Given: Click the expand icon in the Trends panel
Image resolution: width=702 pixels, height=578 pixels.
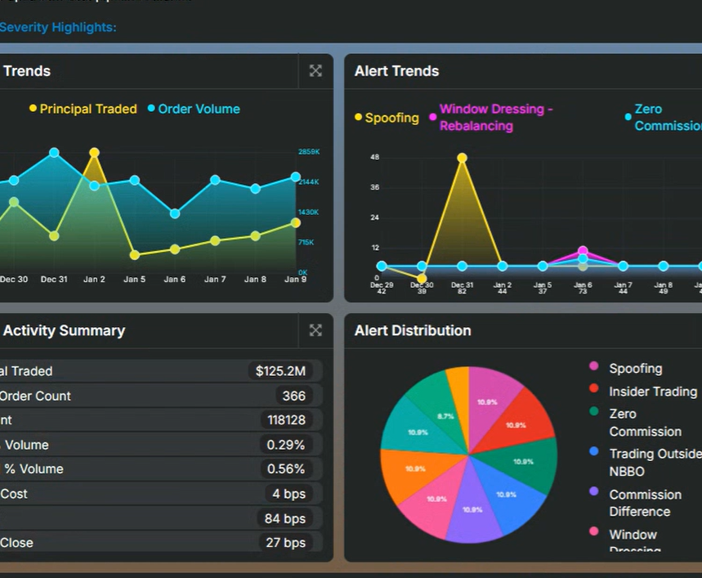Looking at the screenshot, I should (x=315, y=71).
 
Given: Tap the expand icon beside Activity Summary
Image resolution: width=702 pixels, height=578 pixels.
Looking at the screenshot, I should (x=315, y=330).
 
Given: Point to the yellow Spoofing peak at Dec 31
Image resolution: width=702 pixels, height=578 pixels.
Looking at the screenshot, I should (x=462, y=158).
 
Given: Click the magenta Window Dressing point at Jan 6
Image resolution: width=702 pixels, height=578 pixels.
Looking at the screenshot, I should (x=583, y=252).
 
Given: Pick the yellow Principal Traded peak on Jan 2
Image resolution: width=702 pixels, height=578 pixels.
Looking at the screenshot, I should (x=94, y=153).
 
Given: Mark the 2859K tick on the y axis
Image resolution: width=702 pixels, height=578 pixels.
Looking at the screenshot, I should (x=309, y=152).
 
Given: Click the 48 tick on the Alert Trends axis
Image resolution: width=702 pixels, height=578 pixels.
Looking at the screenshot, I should (x=374, y=157).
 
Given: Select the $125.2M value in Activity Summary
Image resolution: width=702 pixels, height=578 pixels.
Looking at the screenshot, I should (x=280, y=371).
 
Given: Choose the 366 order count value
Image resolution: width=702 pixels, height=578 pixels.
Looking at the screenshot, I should (x=293, y=396).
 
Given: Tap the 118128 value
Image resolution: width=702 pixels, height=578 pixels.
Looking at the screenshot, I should (x=286, y=420).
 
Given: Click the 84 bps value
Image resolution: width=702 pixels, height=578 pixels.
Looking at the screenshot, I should (x=284, y=518).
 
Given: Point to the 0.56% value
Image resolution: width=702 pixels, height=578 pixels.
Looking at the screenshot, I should (x=286, y=469).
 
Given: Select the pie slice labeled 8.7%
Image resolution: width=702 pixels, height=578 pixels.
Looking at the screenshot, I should (x=446, y=415).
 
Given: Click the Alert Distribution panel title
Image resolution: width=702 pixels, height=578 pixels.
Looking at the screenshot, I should (x=412, y=330).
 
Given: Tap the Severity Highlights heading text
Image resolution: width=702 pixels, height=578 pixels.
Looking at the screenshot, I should (x=58, y=28).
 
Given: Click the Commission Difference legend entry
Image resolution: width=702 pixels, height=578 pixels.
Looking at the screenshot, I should (x=644, y=503).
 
